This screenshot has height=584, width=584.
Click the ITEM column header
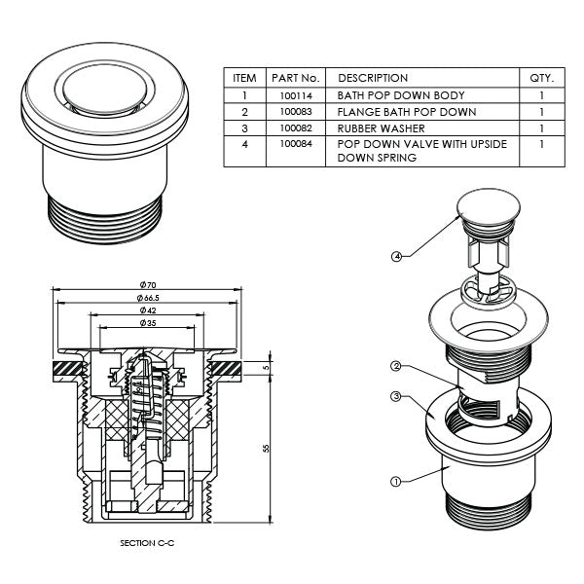click(244, 78)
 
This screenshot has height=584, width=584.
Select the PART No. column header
click(296, 78)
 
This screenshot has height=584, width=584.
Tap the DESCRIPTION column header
click(373, 78)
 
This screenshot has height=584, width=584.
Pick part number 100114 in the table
click(294, 96)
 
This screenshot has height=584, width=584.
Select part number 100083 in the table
click(294, 112)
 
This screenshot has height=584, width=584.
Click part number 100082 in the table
click(294, 128)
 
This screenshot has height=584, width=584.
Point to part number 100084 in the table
click(294, 143)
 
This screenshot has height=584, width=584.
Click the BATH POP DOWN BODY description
click(401, 96)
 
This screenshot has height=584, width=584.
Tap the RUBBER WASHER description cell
click(383, 128)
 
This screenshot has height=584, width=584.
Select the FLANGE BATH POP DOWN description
click(406, 112)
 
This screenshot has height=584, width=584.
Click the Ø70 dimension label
click(149, 283)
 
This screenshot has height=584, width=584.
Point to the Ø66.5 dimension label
click(149, 297)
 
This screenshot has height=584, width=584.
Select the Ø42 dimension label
click(149, 310)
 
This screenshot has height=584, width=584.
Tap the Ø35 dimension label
click(149, 322)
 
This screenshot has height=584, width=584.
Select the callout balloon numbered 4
click(397, 257)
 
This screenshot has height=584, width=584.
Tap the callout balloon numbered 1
click(395, 480)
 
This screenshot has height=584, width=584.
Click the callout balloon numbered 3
click(396, 396)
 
